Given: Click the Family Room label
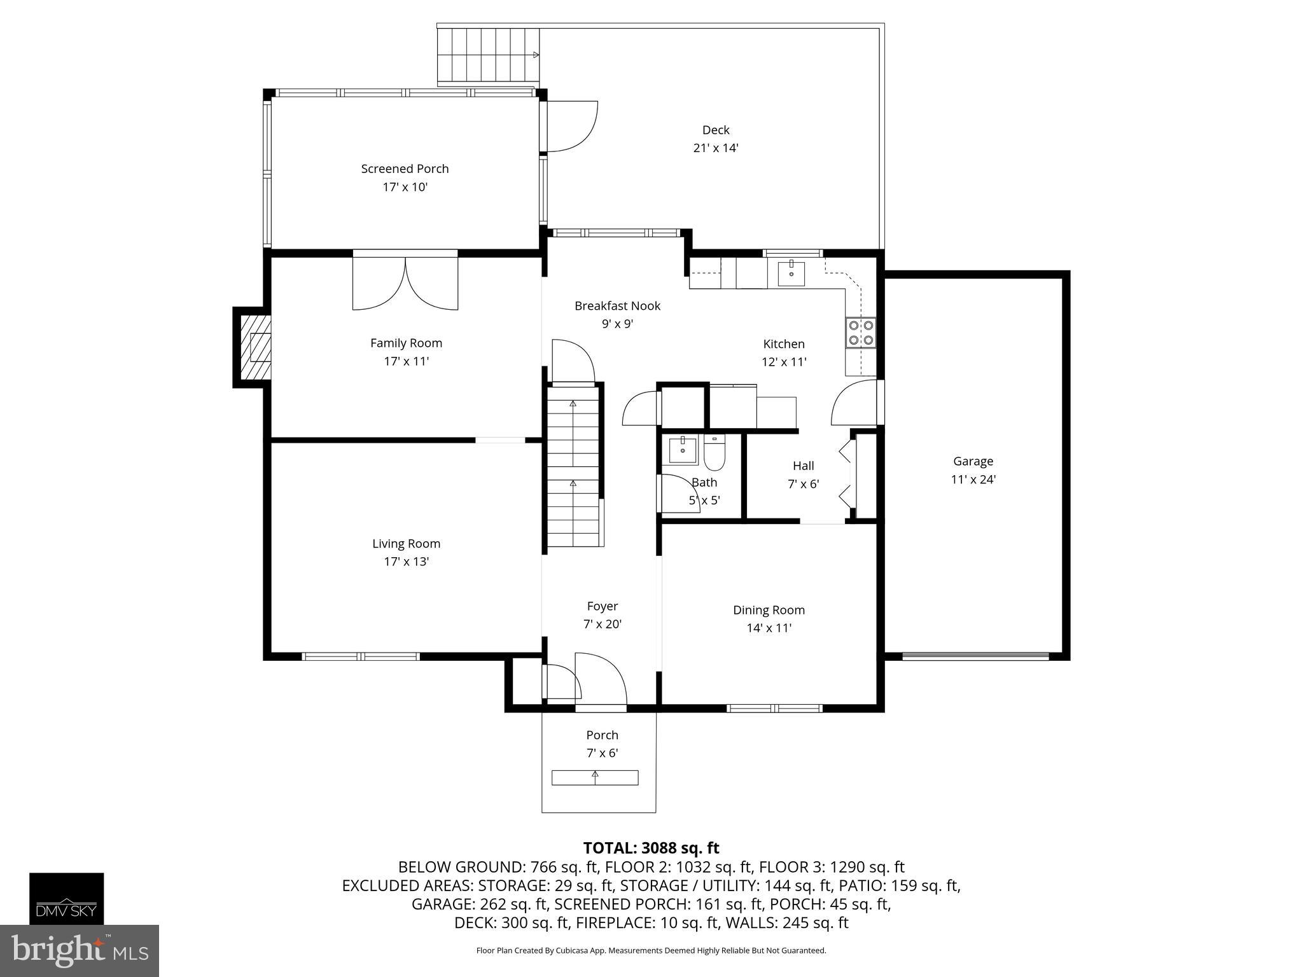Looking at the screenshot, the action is point(406,343).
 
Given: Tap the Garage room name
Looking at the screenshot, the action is point(973,461).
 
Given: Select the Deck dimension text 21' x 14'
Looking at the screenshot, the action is point(716,148).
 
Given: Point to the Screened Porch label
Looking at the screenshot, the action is point(405,169).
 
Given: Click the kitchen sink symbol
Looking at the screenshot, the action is point(791,274).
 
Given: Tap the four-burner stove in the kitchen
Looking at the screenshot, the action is point(861,333).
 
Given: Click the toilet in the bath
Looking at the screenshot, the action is point(714,452).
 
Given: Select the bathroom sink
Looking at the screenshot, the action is point(683,450).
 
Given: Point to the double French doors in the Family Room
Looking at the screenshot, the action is point(405,280).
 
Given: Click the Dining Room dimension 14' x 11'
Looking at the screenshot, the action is point(769,628).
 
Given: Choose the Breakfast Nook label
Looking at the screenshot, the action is point(617,306).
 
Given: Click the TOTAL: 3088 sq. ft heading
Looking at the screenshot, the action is point(651,848).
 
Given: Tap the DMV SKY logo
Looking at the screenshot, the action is point(67,898).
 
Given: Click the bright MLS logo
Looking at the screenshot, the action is point(80,950).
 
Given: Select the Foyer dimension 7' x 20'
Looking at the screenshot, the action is point(602,625).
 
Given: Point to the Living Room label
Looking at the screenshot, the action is point(406,544).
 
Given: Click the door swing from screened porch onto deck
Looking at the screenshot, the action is point(572,127).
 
